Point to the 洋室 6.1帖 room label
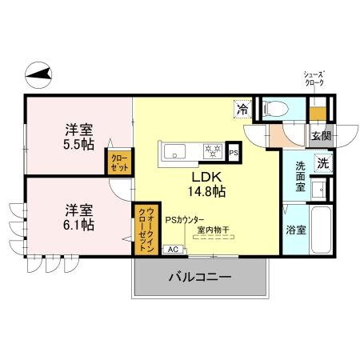point(78,217)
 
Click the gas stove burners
point(212,150)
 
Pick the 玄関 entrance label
point(321,135)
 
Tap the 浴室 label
point(295,230)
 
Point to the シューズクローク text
point(314,78)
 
